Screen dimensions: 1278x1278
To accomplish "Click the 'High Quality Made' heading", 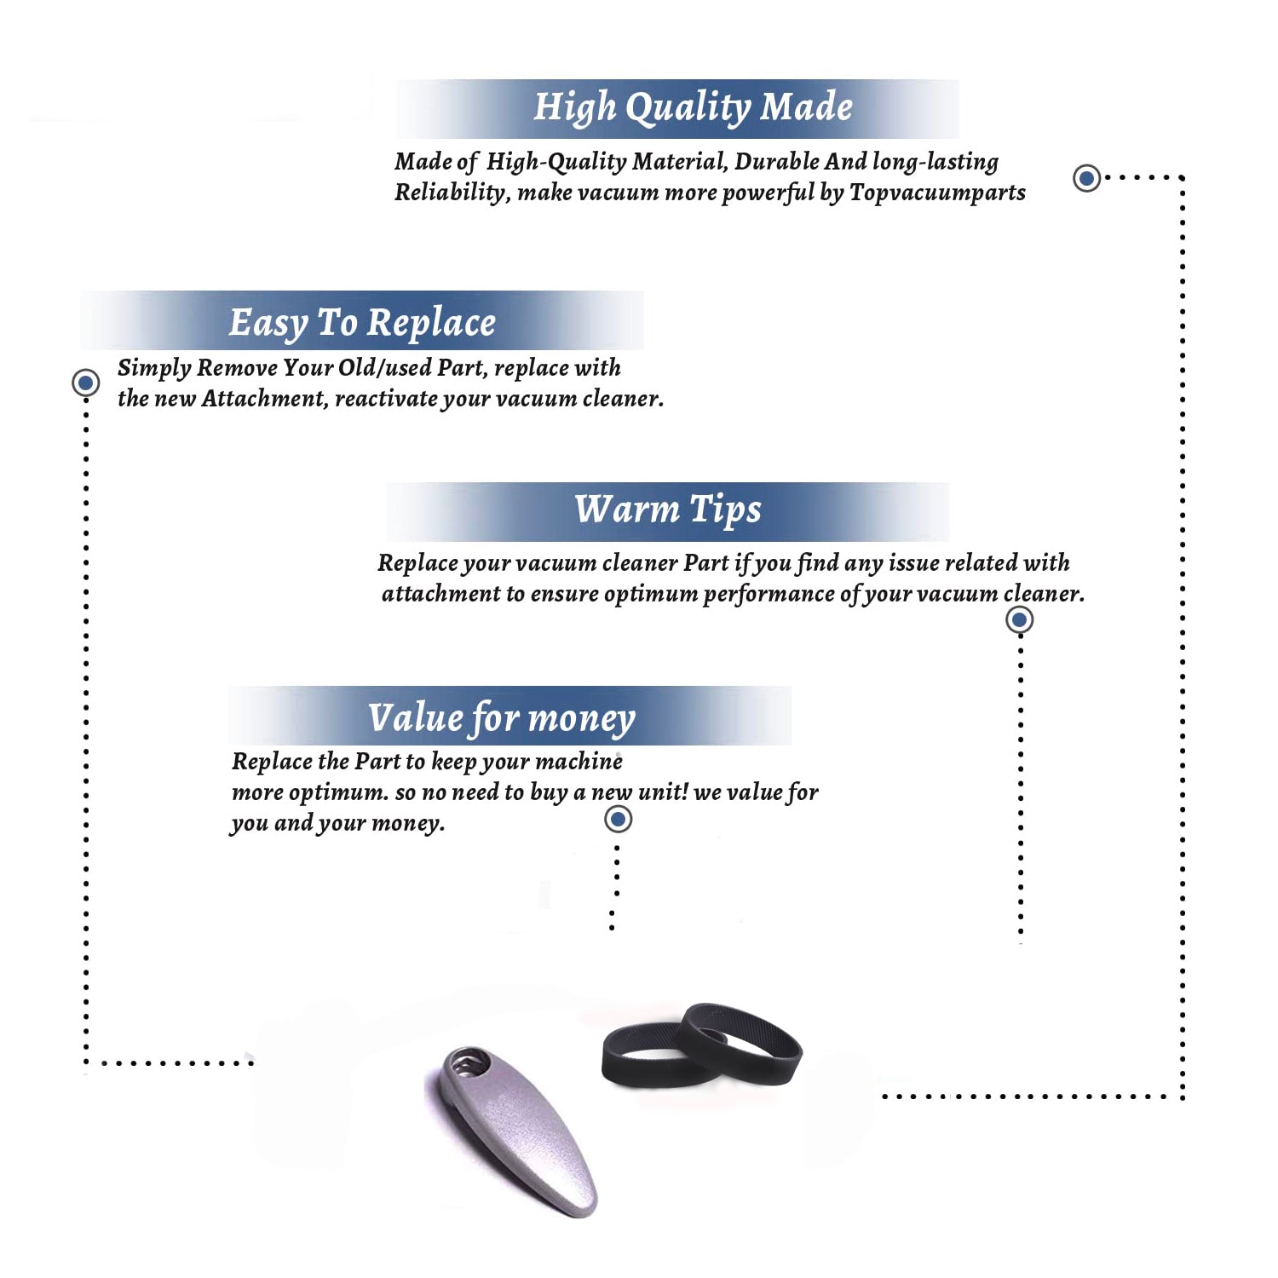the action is pyautogui.click(x=693, y=107).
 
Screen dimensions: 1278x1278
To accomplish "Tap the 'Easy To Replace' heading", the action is pyautogui.click(x=362, y=323).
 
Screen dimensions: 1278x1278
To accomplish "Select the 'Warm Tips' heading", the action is pyautogui.click(x=668, y=509).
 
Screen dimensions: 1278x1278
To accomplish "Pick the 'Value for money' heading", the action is pyautogui.click(x=502, y=718).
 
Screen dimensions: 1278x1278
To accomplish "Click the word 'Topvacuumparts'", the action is pyautogui.click(x=937, y=193).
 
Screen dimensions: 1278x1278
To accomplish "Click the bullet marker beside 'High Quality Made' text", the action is pyautogui.click(x=1086, y=178).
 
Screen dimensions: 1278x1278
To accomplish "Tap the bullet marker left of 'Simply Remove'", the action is pyautogui.click(x=85, y=383).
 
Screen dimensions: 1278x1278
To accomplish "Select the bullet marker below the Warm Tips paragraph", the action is pyautogui.click(x=1019, y=619).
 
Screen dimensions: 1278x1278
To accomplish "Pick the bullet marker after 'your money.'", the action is pyautogui.click(x=618, y=820).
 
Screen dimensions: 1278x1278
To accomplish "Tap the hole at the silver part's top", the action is pyautogui.click(x=468, y=1063).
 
